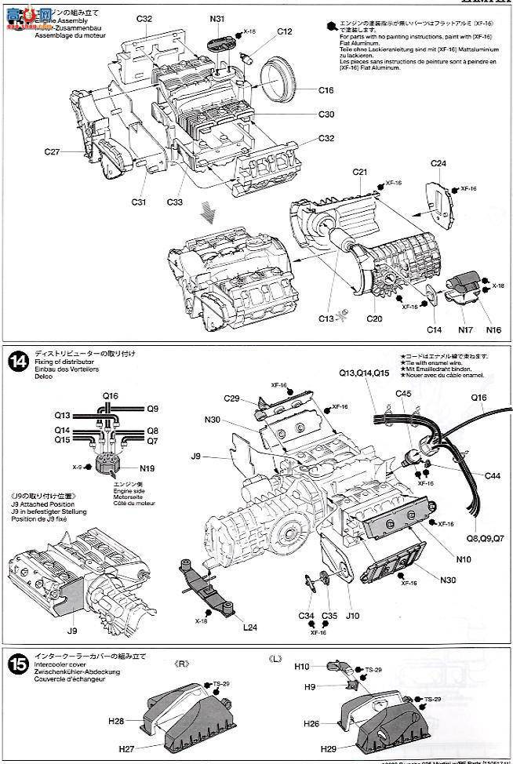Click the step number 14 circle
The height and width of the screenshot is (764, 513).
point(16,362)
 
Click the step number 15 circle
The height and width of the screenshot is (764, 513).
point(16,663)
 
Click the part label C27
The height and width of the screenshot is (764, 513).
point(53,152)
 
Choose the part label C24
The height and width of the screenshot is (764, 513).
point(438,163)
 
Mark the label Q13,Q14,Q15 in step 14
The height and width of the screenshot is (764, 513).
point(366,373)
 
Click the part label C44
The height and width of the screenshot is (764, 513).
point(492,476)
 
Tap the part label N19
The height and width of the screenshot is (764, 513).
point(147,469)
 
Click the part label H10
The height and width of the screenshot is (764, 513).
point(302,667)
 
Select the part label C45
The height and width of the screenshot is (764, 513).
point(403,393)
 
